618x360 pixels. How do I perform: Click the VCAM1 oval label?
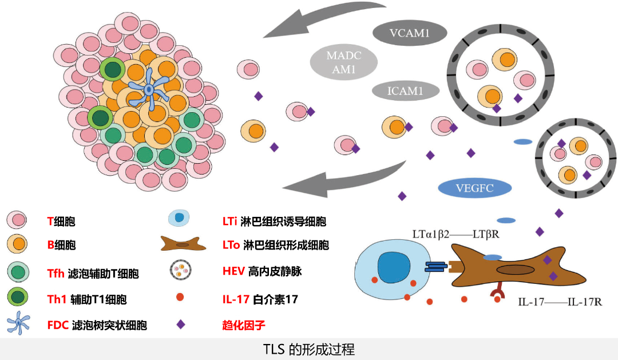coord(410,34)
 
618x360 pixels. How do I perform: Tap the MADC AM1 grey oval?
coord(344,63)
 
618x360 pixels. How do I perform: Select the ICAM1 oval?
coord(405,91)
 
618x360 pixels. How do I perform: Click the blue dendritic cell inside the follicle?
coord(149,90)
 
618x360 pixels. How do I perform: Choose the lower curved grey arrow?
coord(343,179)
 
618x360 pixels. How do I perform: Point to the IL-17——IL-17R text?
coord(560,301)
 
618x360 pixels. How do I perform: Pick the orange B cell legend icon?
coord(18,245)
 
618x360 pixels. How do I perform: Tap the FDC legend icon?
coord(18,325)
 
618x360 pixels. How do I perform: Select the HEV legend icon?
coord(181,271)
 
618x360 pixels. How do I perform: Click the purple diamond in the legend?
coord(181,325)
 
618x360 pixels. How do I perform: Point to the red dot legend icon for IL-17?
coord(180,298)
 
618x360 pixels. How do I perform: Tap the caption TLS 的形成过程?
coord(309,349)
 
